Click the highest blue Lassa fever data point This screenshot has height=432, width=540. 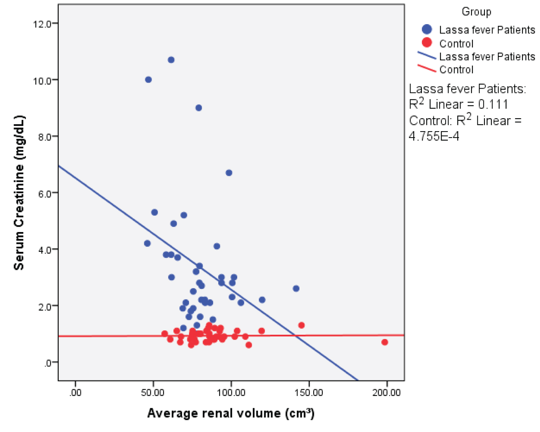tap(171, 60)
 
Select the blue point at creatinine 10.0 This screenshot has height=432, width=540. tap(148, 80)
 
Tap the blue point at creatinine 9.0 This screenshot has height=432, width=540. tap(198, 108)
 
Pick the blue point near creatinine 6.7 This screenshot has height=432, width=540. tap(229, 173)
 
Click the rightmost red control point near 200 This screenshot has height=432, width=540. tap(384, 342)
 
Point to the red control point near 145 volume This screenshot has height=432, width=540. tap(301, 325)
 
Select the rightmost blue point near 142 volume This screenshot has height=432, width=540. tap(296, 289)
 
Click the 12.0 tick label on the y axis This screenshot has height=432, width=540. tap(42, 24)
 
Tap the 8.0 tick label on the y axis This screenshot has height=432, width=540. tap(44, 137)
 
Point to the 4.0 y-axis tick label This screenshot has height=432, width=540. tap(44, 250)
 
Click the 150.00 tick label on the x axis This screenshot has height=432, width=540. tap(309, 392)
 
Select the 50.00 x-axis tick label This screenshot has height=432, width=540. tap(153, 392)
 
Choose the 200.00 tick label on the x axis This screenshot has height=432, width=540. tap(386, 392)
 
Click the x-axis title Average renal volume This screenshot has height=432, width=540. tap(231, 413)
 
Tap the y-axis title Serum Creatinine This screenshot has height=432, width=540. tap(19, 192)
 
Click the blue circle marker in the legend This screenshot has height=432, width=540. tap(427, 30)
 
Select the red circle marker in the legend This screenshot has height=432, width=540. tap(427, 43)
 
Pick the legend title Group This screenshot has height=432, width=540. tap(476, 12)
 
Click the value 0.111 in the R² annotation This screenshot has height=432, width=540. tap(493, 104)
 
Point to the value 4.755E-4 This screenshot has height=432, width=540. tap(434, 136)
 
